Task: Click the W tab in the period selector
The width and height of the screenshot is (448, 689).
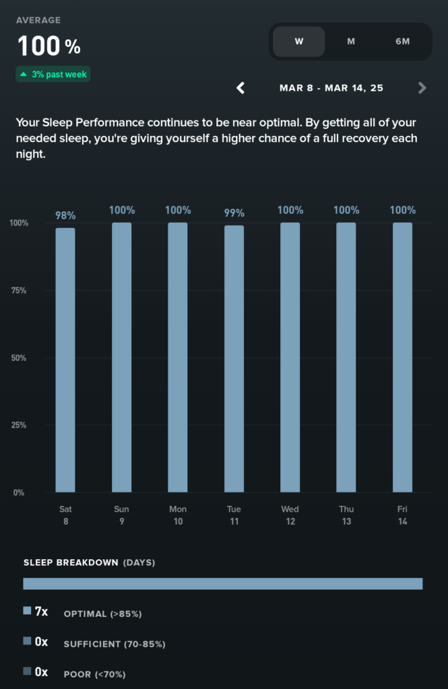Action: coord(298,42)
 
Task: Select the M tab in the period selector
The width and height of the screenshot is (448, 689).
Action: coord(351,42)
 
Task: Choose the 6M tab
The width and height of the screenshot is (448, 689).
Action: coord(402,42)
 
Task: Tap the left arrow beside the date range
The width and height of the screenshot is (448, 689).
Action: coord(241,87)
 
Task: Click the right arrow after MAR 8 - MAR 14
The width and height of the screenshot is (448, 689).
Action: coord(422,87)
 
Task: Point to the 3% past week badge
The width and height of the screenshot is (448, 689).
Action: coord(53,75)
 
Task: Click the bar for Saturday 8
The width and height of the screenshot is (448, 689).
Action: coord(65,360)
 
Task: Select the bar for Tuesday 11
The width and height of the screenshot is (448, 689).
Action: coord(234,359)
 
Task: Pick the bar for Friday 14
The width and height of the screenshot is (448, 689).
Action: coord(402,357)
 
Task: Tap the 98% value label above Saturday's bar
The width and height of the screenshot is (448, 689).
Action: coord(65,215)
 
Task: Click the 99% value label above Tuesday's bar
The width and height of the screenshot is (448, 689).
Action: coord(234,213)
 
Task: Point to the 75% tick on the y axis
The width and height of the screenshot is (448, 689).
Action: coord(19,291)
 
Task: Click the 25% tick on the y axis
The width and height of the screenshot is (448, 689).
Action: coord(19,425)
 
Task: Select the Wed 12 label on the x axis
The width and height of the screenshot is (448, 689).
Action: coord(290,515)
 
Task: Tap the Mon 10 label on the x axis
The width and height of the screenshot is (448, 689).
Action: coord(178,515)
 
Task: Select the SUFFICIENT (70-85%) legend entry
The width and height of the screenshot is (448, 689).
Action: coord(115,644)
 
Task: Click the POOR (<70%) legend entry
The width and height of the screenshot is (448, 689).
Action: coord(94,674)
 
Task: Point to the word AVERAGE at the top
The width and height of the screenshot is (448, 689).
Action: coord(38,20)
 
